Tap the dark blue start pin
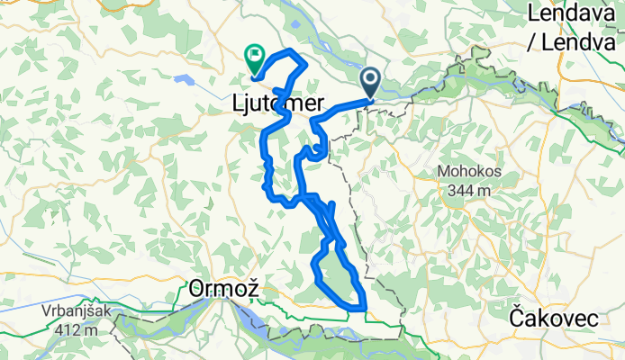[x=371, y=83]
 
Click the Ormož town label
[x=224, y=289]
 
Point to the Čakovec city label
[x=551, y=317]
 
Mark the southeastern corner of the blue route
[x=364, y=309]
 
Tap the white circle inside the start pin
[x=371, y=78]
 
